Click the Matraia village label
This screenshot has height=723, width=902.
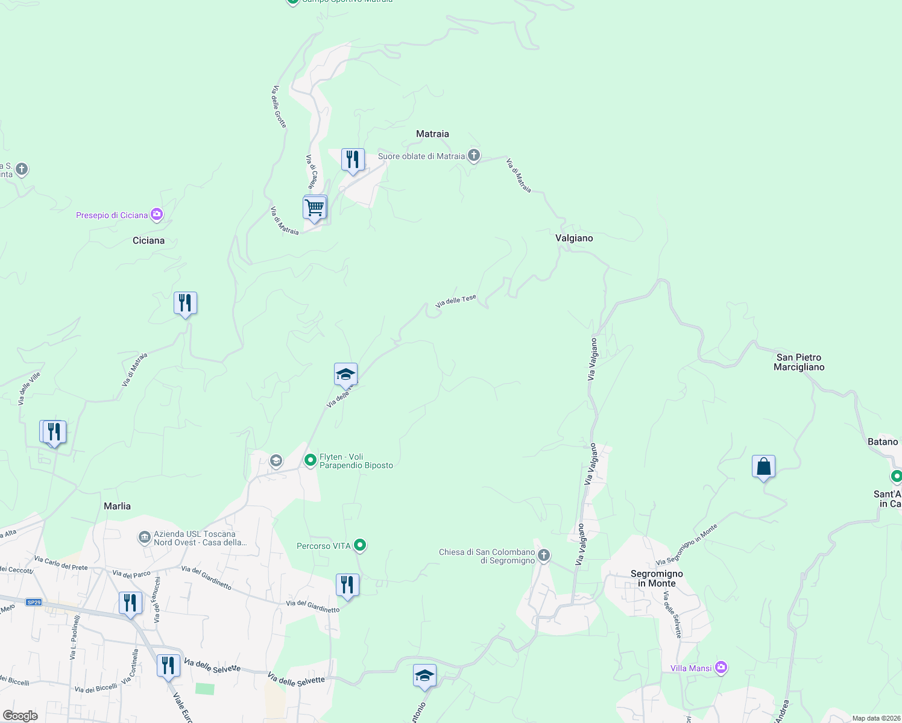(x=432, y=134)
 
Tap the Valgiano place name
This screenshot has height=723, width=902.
(x=574, y=238)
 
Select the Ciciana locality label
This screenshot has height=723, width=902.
(x=148, y=240)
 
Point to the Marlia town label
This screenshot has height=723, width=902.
(x=117, y=506)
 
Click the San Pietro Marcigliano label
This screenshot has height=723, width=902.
(x=799, y=362)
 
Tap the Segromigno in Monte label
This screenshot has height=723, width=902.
(x=657, y=578)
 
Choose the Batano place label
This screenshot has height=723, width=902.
(x=883, y=442)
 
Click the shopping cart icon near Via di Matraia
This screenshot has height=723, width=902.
(x=314, y=208)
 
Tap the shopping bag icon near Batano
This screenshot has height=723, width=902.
(x=763, y=467)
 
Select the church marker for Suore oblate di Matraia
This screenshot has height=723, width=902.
(x=474, y=156)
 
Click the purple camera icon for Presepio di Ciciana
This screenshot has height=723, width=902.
(x=157, y=214)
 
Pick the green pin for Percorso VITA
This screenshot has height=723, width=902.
(x=360, y=545)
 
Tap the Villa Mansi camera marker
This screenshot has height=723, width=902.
(x=721, y=668)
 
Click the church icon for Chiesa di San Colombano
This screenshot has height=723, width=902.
(x=544, y=555)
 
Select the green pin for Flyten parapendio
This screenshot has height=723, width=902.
(x=311, y=461)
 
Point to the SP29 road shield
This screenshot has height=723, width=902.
(x=34, y=602)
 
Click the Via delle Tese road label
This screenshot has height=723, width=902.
(x=456, y=301)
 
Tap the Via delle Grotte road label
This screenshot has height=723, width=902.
(x=279, y=107)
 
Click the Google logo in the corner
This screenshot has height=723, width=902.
(x=20, y=716)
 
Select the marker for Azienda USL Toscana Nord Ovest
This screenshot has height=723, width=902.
(x=144, y=537)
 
